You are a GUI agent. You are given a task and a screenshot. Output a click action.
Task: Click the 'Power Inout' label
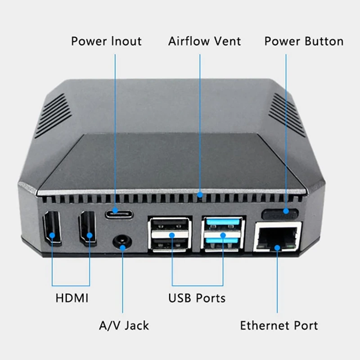[x=106, y=41]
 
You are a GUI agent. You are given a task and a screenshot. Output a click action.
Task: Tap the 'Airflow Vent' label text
[x=205, y=41]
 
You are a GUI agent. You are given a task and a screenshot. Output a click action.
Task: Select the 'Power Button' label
[x=304, y=41]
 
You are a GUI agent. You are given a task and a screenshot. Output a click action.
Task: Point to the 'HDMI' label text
[x=72, y=298]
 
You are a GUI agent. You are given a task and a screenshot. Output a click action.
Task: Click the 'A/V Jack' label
[x=124, y=325]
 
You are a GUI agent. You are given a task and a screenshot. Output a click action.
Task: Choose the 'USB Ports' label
[x=197, y=298]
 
